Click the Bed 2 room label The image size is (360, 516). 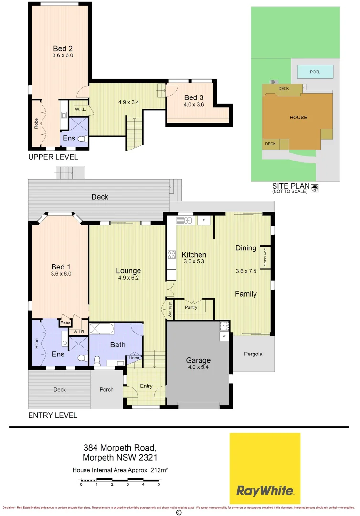[59, 48]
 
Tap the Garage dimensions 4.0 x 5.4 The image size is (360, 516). [199, 367]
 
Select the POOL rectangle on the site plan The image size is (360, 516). [315, 72]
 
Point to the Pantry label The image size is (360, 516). [191, 308]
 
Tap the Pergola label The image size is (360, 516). [253, 354]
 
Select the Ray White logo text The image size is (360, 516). [265, 491]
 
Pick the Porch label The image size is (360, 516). [106, 389]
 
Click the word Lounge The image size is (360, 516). [128, 271]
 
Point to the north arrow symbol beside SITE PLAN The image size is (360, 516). [315, 188]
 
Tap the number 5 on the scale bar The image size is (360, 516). [159, 484]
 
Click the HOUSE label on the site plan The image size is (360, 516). [298, 118]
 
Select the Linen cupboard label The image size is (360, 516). [134, 358]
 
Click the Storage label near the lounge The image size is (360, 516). [169, 310]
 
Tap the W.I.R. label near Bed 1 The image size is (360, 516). [79, 332]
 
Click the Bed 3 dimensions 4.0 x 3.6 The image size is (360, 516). [193, 104]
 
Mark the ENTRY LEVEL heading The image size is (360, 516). [53, 415]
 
